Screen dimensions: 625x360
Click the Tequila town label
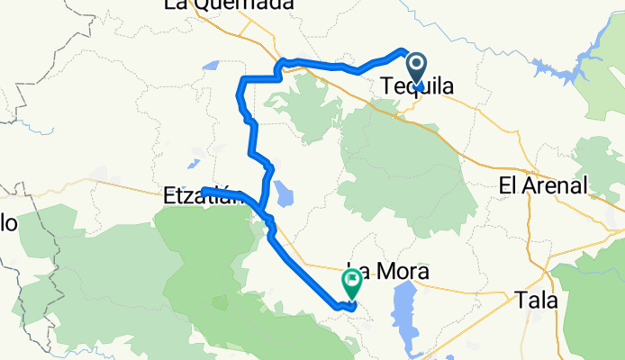pos(417,87)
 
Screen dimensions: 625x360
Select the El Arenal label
pos(543,186)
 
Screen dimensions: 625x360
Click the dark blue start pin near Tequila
pos(417,68)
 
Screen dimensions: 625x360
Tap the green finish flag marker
pos(350,284)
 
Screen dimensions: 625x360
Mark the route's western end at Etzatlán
pos(204,189)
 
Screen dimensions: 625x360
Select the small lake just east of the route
pos(285,192)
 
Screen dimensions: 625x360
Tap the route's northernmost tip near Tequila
pos(402,49)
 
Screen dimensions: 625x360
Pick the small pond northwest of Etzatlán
pos(193,164)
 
